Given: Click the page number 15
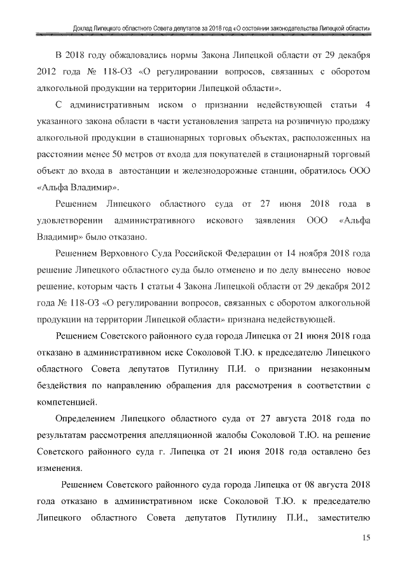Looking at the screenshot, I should point(366,538).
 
